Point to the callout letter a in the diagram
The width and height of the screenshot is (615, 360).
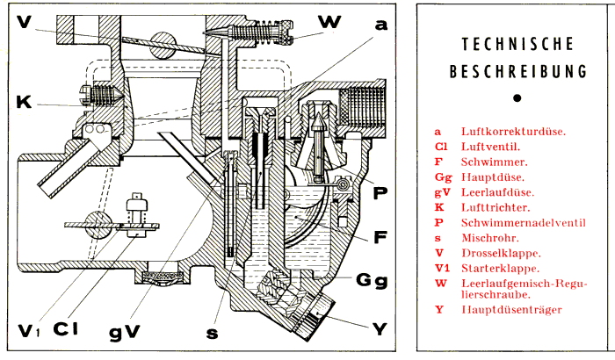(380, 25)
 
